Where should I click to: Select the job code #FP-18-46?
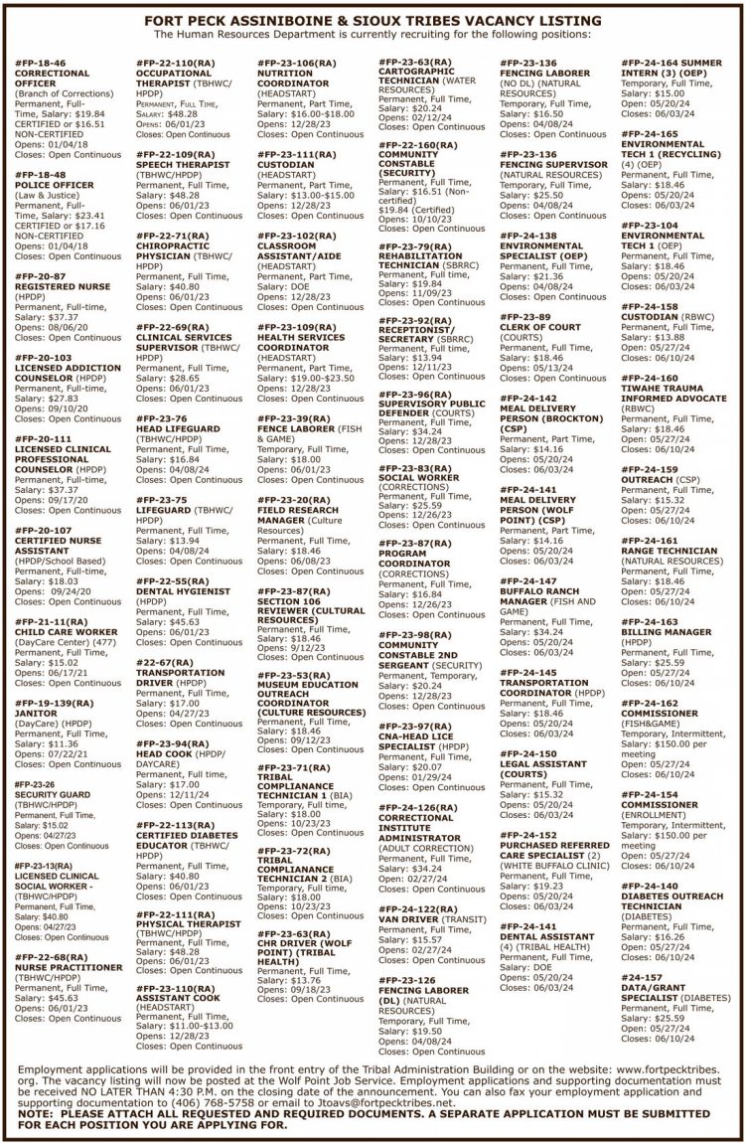(41, 62)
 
